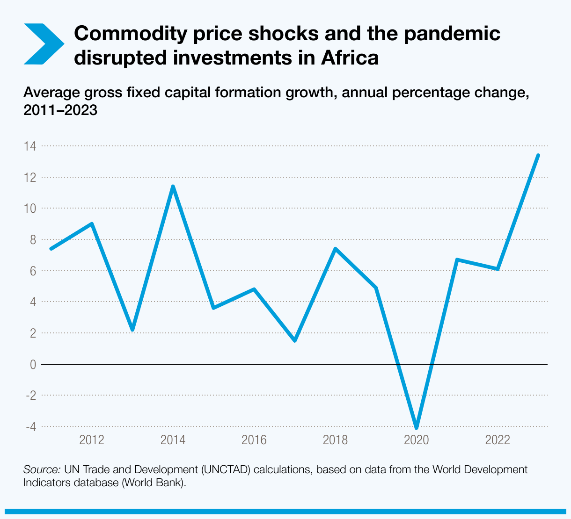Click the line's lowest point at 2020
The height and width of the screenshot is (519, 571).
point(417,427)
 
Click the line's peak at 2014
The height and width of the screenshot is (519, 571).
point(173,187)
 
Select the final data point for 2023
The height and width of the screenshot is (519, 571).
point(538,155)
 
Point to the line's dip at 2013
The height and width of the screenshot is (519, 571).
point(132,330)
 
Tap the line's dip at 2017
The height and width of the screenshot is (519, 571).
point(295,340)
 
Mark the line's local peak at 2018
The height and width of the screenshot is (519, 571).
point(335,249)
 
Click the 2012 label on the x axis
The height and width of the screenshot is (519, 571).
point(92,440)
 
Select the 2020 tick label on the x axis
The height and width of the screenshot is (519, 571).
point(417,440)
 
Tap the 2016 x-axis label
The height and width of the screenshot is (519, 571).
point(254,440)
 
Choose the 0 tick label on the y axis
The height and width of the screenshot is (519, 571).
point(33,364)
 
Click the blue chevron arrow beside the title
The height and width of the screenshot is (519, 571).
point(43,43)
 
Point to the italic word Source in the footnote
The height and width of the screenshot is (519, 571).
point(42,469)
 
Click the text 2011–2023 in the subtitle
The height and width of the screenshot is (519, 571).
point(60,111)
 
